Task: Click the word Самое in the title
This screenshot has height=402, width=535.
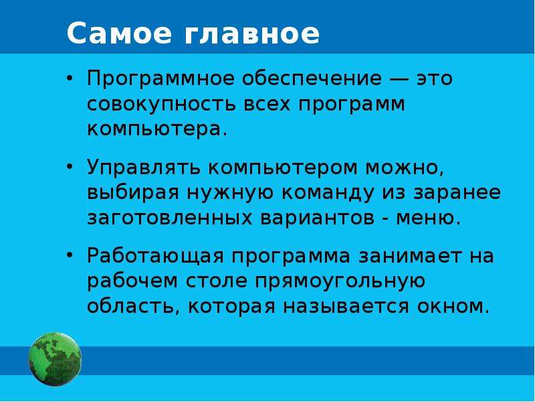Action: tap(120, 33)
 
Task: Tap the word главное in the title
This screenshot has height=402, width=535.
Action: tap(252, 33)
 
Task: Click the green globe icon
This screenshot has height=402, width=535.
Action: tap(55, 359)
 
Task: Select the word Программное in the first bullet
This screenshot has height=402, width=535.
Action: tap(160, 79)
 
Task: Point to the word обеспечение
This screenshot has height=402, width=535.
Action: tap(312, 79)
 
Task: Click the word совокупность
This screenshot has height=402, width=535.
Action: tap(161, 105)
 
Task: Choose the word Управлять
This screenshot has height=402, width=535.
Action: tap(144, 168)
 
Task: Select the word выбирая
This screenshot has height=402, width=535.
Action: tap(133, 193)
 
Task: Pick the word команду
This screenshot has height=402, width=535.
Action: tap(328, 194)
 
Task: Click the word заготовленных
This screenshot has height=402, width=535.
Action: tap(170, 219)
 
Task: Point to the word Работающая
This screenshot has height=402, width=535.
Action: tap(155, 256)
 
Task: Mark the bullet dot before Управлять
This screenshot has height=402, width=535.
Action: tap(70, 167)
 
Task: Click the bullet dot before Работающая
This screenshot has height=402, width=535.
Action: tap(70, 255)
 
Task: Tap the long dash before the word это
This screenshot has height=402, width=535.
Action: tap(399, 79)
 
